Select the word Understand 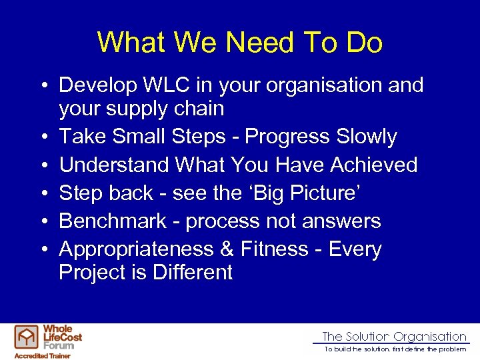(114, 165)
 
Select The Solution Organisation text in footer (394, 337)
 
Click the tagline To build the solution (395, 349)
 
